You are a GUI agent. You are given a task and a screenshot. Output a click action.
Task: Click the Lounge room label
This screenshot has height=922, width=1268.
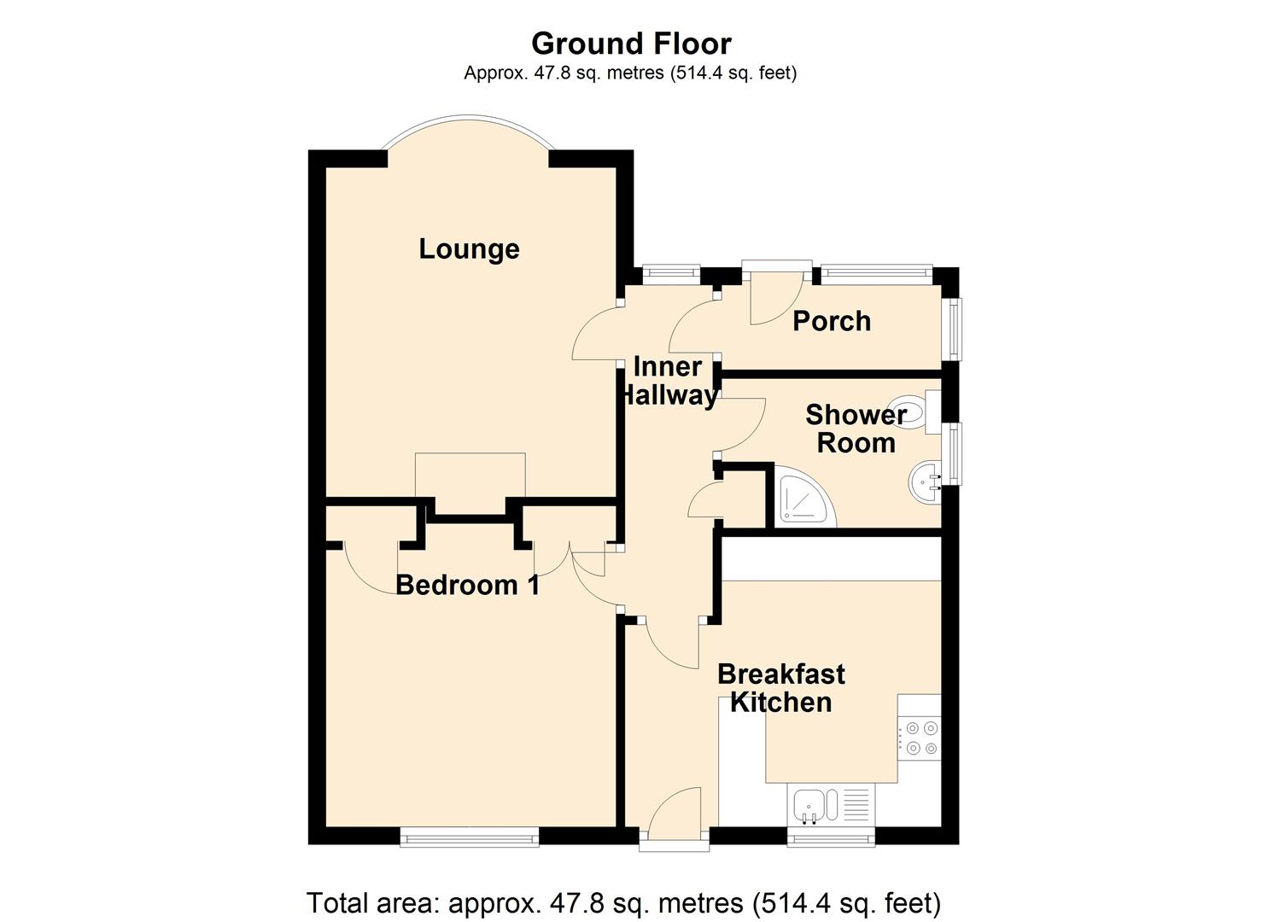coord(469,249)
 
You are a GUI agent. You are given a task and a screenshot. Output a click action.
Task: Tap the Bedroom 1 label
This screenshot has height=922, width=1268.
coord(467,585)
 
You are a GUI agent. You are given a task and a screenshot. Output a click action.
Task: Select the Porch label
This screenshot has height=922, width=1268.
coord(831,321)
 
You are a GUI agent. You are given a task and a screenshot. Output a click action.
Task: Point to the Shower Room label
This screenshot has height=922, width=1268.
coord(856,429)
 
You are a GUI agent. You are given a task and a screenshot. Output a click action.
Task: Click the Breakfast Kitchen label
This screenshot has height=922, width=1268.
coord(780,688)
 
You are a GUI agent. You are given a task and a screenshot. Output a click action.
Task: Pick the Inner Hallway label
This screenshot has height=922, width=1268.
coord(669,381)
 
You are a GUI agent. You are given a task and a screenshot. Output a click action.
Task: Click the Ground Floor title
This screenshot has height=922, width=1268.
coord(631,44)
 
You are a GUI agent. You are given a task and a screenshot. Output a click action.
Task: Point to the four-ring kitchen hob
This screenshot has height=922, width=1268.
coord(920,738)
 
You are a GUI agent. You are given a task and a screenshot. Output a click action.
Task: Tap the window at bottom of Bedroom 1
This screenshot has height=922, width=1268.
coord(470,837)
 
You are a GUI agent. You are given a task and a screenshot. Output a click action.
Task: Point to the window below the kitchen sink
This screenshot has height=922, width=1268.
coord(830,837)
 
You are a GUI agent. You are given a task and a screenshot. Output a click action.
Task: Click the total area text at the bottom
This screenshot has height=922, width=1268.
coord(623,902)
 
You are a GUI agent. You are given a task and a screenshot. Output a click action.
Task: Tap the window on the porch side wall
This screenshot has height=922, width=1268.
coord(951,329)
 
